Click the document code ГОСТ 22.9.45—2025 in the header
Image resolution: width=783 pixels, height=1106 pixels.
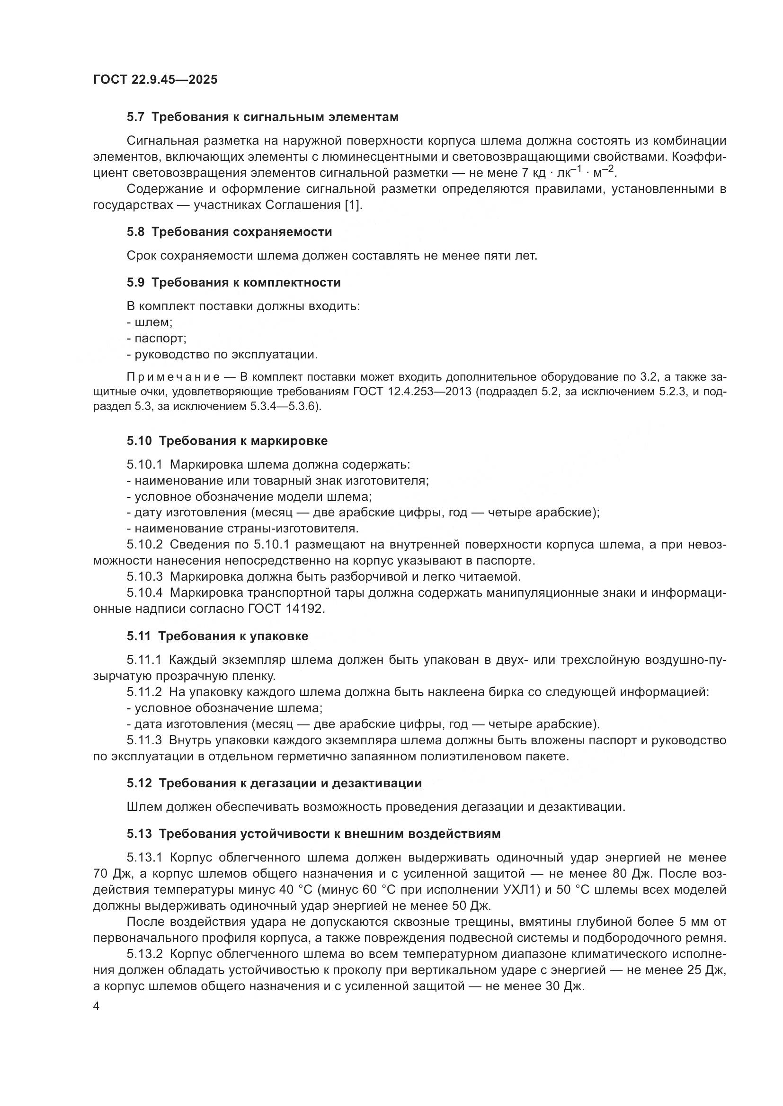pyautogui.click(x=155, y=79)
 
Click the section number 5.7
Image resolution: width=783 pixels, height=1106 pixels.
pyautogui.click(x=135, y=117)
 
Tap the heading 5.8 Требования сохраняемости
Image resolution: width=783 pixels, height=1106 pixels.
pyautogui.click(x=230, y=232)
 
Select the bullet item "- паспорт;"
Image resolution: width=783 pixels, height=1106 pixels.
pyautogui.click(x=156, y=338)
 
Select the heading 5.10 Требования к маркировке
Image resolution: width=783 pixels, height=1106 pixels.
pyautogui.click(x=227, y=441)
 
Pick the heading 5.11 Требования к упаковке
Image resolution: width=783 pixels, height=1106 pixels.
pyautogui.click(x=217, y=636)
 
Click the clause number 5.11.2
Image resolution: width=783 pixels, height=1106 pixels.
pyautogui.click(x=144, y=692)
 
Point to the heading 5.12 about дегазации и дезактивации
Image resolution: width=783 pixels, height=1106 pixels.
pyautogui.click(x=275, y=783)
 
